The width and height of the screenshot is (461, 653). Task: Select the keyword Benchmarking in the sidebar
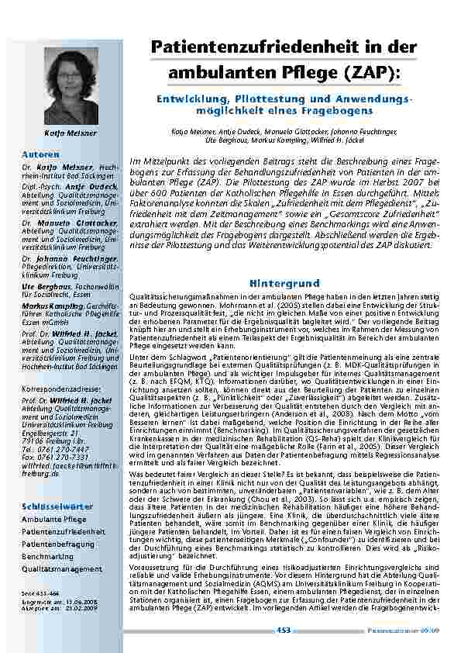(x=49, y=556)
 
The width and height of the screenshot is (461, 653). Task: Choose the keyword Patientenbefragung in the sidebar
(x=59, y=544)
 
